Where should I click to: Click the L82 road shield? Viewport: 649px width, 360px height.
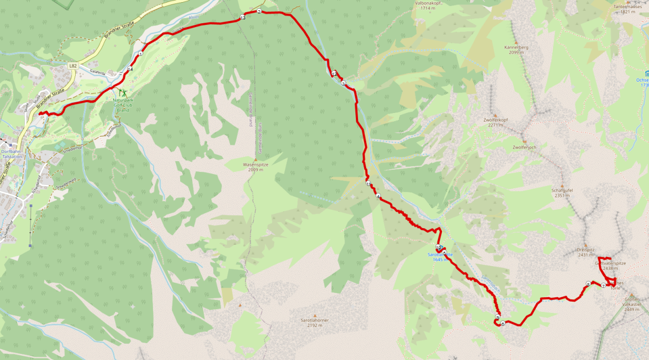pos(73,65)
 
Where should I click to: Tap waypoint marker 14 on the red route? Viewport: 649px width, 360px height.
pos(130,69)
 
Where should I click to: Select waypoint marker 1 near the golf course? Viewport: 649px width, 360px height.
pos(140,54)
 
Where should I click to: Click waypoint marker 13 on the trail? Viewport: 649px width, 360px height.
pos(242,18)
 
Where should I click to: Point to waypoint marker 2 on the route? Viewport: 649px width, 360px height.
pos(259,11)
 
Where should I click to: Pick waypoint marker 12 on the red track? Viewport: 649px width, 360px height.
pos(335,74)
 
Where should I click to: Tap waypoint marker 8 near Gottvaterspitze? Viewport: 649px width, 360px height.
pos(587,284)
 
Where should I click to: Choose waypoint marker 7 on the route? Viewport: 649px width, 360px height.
pos(603,286)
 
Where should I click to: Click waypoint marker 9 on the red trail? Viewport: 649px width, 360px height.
pos(497,317)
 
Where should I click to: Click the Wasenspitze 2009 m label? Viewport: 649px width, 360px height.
pos(253,166)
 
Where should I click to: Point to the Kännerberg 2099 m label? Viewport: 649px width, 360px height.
pos(515,50)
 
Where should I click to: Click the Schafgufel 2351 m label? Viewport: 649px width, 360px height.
pos(562,193)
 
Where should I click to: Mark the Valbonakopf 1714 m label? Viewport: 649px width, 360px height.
pos(429,5)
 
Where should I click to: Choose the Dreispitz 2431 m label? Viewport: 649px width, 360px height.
pos(585,252)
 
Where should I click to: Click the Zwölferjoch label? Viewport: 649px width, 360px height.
pos(524,147)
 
